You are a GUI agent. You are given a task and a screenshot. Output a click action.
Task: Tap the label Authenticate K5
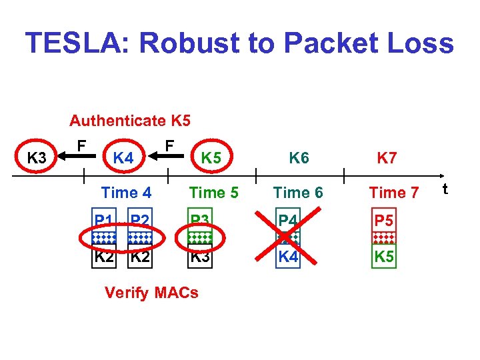pyautogui.click(x=130, y=121)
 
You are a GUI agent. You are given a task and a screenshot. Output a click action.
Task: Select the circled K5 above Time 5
pyautogui.click(x=211, y=158)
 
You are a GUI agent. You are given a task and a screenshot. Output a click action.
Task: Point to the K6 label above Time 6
pyautogui.click(x=298, y=158)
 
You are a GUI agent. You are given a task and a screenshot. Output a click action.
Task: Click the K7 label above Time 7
pyautogui.click(x=387, y=158)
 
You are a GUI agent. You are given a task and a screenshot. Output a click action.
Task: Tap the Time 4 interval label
pyautogui.click(x=126, y=193)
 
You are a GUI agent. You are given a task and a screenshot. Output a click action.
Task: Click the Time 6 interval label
pyautogui.click(x=298, y=193)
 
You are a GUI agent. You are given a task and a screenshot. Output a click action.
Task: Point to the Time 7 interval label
pyautogui.click(x=393, y=193)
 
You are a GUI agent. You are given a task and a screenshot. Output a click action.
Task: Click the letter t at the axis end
pyautogui.click(x=445, y=189)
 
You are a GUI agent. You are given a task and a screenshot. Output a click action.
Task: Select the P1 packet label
pyautogui.click(x=103, y=220)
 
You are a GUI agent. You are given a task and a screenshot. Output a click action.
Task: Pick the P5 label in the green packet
pyautogui.click(x=383, y=220)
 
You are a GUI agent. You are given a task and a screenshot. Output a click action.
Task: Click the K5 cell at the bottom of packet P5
pyautogui.click(x=383, y=256)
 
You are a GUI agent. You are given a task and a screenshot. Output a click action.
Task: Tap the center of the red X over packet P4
pyautogui.click(x=287, y=238)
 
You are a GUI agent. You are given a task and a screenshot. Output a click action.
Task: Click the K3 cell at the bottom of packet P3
pyautogui.click(x=200, y=256)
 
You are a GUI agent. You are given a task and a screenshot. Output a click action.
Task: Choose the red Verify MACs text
pyautogui.click(x=151, y=293)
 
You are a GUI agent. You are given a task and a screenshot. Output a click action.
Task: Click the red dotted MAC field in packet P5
pyautogui.click(x=383, y=238)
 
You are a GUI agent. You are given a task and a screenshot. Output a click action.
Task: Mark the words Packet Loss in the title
pyautogui.click(x=368, y=44)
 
